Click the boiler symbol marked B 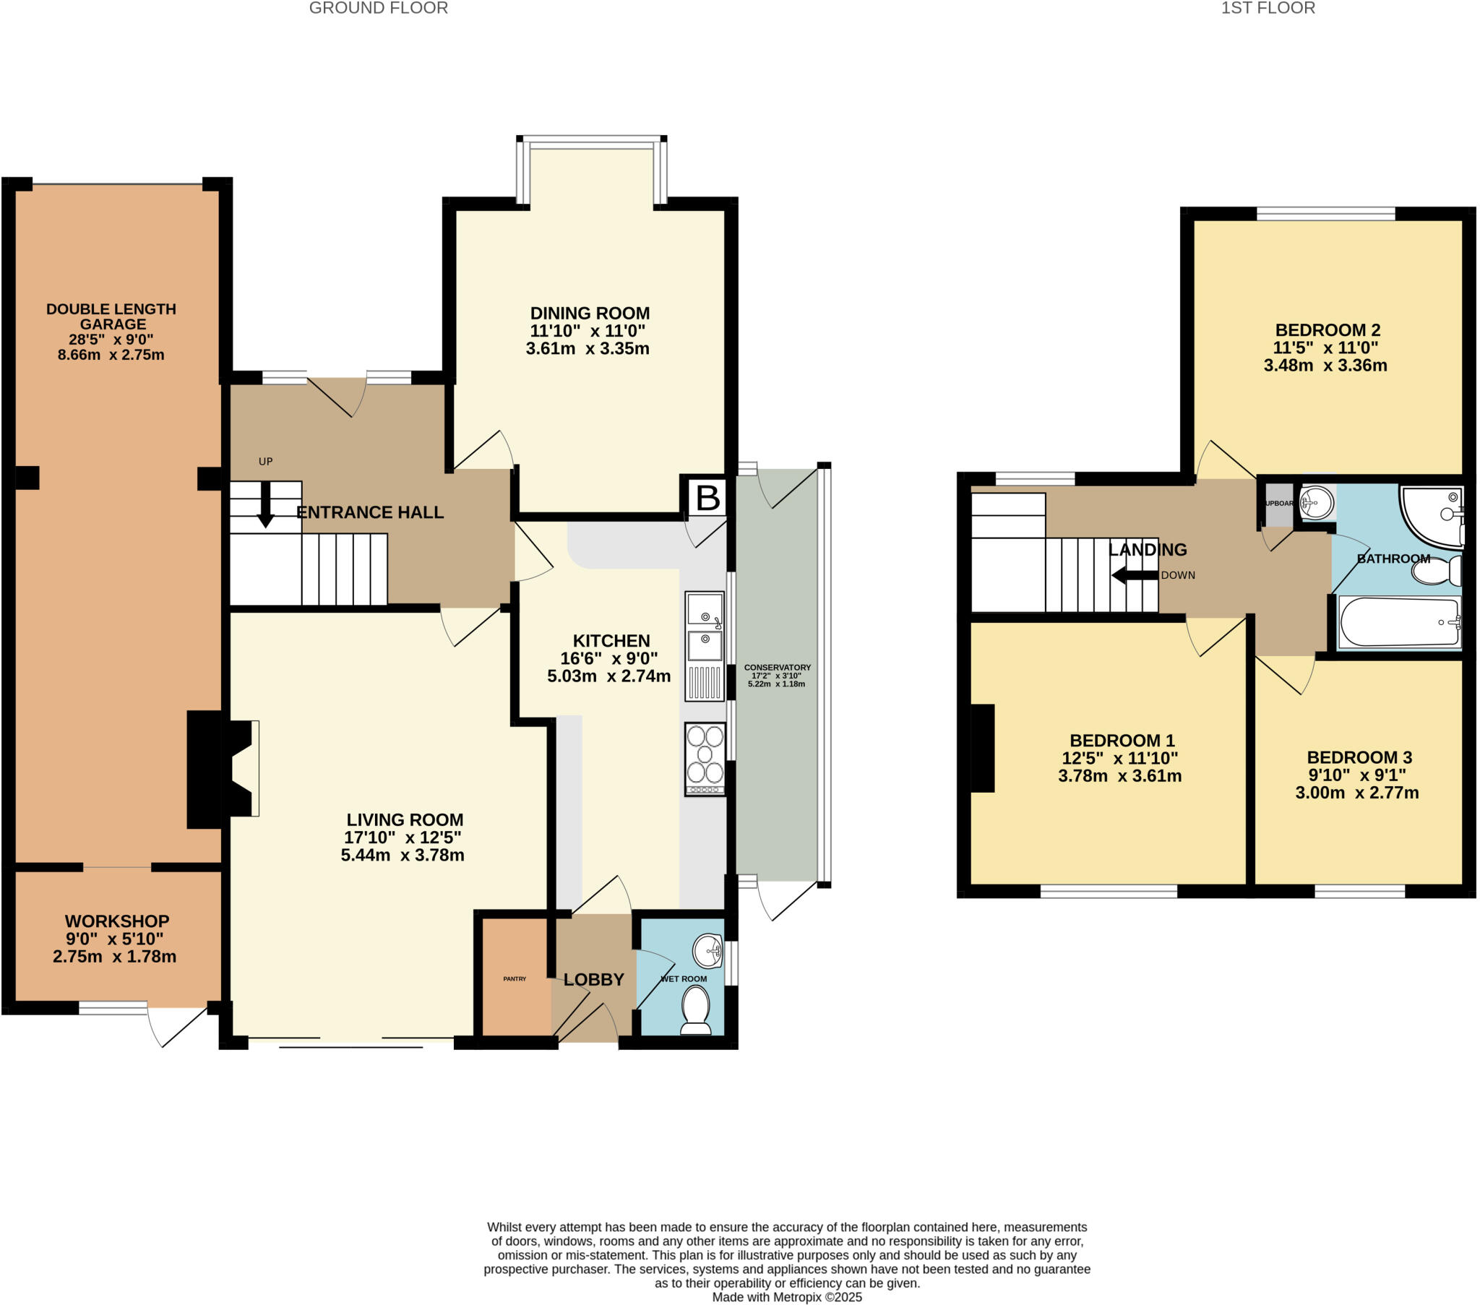[707, 498]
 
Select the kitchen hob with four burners [705, 759]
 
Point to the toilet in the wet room [697, 1010]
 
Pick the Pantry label [515, 979]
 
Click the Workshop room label [116, 921]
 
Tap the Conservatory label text [777, 667]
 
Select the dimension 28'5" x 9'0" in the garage [111, 340]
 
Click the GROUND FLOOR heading [378, 9]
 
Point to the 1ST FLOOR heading [1268, 9]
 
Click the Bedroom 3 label [1359, 757]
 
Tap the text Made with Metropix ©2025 [786, 1297]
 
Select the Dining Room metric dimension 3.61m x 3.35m [588, 348]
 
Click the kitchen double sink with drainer [705, 645]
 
